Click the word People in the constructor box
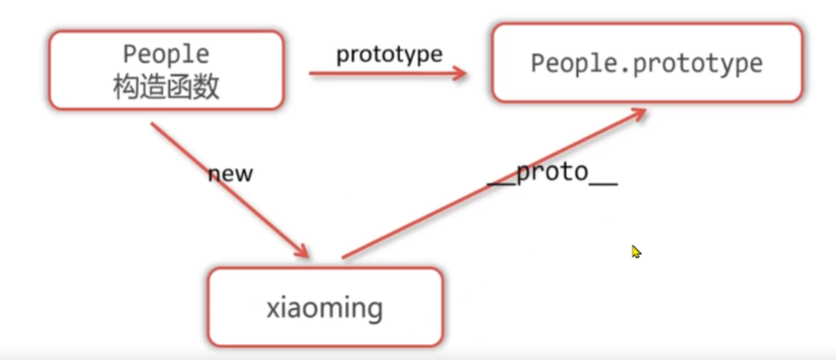[166, 55]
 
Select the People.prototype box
[646, 63]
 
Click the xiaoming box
[324, 307]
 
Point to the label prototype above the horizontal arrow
[389, 54]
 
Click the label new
[230, 173]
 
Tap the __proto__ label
[552, 174]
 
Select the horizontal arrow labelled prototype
[387, 74]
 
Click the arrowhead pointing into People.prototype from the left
[461, 74]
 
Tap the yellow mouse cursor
[636, 250]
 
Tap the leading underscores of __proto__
[501, 180]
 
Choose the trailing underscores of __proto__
[603, 180]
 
